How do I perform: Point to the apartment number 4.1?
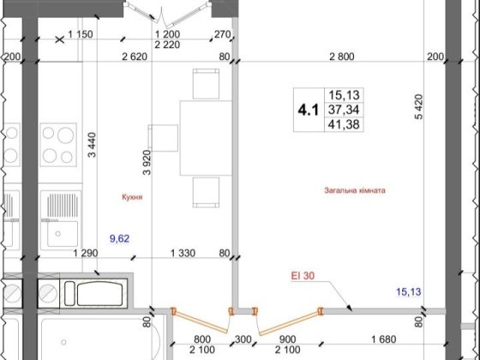305,110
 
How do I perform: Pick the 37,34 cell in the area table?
340,110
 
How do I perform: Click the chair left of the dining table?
162,139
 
